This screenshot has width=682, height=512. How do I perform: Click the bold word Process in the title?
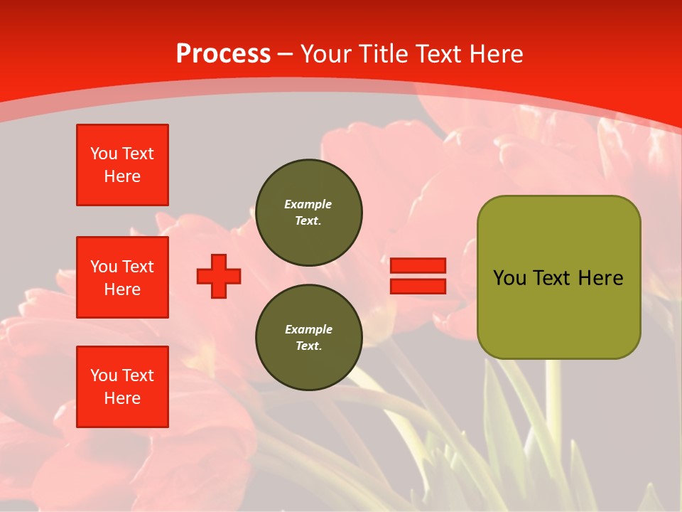223,54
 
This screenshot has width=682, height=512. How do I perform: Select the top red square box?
122,165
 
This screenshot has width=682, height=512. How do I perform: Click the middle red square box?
122,277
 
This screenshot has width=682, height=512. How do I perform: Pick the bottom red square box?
122,387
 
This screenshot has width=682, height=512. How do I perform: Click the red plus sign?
219,276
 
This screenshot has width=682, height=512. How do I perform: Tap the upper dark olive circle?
309,213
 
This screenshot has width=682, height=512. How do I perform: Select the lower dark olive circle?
309,338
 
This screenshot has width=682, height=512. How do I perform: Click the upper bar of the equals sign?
418,266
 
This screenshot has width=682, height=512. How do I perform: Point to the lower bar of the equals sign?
418,287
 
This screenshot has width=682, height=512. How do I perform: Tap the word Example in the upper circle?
308,204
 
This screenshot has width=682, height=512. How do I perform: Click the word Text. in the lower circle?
308,346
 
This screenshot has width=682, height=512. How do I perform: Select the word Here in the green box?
600,278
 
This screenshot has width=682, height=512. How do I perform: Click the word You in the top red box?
104,154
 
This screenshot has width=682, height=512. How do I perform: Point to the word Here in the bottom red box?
122,398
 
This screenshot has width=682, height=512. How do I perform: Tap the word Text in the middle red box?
138,267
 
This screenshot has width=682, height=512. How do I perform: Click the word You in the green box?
510,278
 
